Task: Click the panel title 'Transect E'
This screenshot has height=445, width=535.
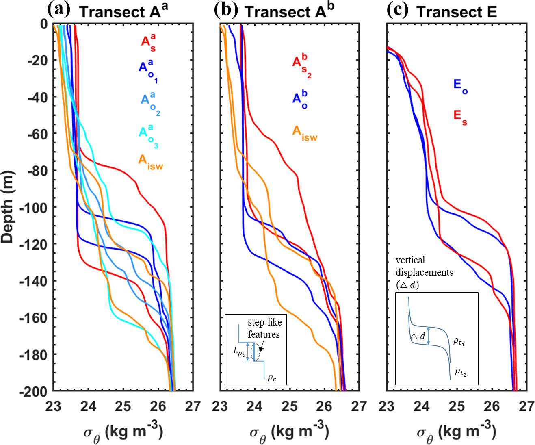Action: [x=457, y=12]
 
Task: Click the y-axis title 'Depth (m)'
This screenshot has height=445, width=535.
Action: [x=8, y=207]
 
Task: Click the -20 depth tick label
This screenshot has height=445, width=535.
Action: [x=37, y=61]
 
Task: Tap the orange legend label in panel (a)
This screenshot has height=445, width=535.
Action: [x=150, y=162]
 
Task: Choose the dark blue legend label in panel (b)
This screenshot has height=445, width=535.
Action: [x=300, y=100]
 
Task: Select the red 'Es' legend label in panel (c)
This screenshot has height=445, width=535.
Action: [x=460, y=117]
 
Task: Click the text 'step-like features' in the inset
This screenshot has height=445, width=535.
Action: [x=264, y=328]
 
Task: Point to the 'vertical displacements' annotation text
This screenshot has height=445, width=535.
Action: [x=424, y=266]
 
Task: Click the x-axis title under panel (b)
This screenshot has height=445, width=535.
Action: [x=289, y=432]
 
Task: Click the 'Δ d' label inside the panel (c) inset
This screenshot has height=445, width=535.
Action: [x=418, y=336]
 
